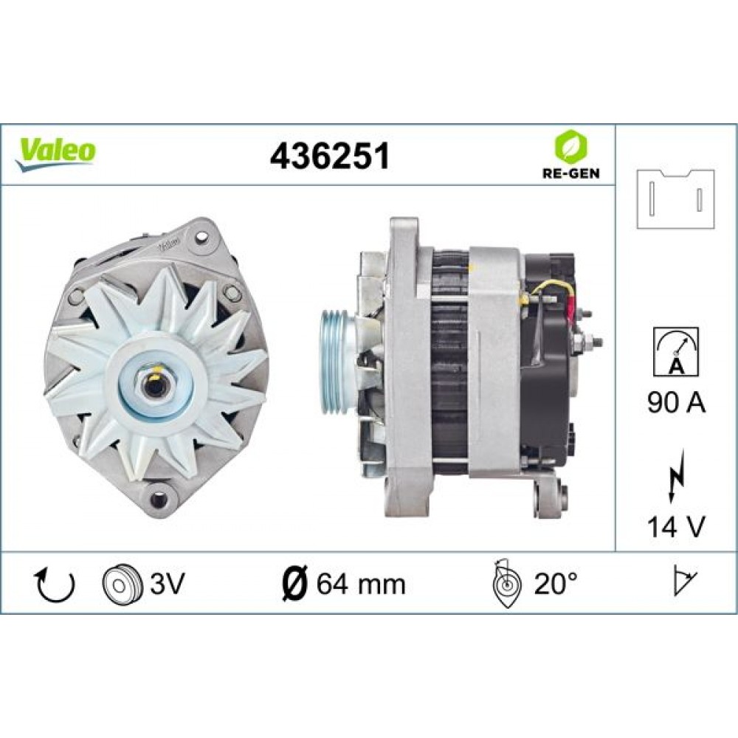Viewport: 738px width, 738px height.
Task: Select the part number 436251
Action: [x=329, y=156]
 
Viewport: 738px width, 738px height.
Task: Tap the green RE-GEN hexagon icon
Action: [x=568, y=148]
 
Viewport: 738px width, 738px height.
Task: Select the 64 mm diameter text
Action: [x=361, y=584]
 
